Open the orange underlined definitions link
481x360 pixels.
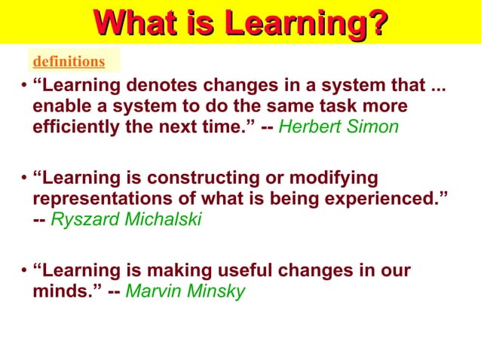coord(68,61)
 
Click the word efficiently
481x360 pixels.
coord(78,127)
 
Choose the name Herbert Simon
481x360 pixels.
coord(339,127)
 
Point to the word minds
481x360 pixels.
coord(65,291)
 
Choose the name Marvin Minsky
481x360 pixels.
coord(185,291)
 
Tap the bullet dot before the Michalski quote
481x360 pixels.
coord(24,179)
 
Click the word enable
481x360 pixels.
coord(61,106)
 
